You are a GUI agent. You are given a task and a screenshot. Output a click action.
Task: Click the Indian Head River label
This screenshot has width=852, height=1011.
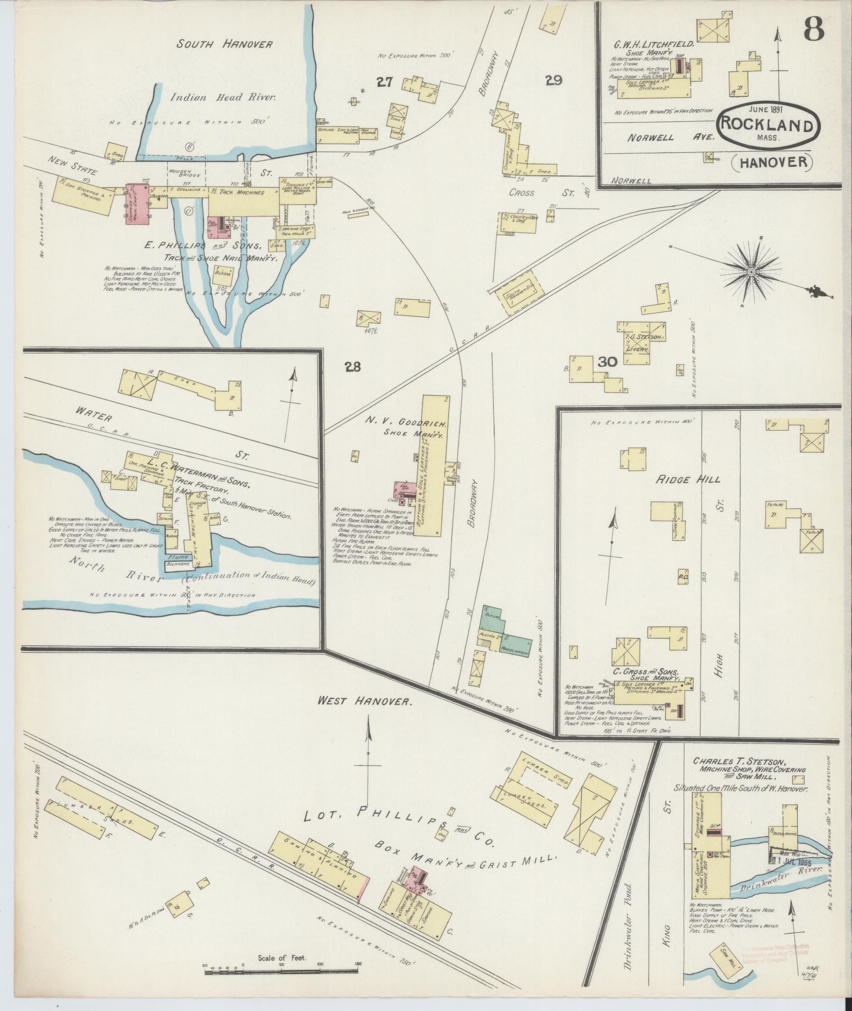tap(224, 97)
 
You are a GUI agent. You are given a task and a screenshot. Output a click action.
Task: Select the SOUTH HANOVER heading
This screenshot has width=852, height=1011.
tap(224, 44)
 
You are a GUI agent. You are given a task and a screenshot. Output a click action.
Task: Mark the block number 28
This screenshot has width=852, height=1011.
tap(353, 367)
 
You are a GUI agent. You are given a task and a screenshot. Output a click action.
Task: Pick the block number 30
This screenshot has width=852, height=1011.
tap(608, 362)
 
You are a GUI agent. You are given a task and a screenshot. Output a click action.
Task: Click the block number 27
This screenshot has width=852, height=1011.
tap(385, 82)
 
